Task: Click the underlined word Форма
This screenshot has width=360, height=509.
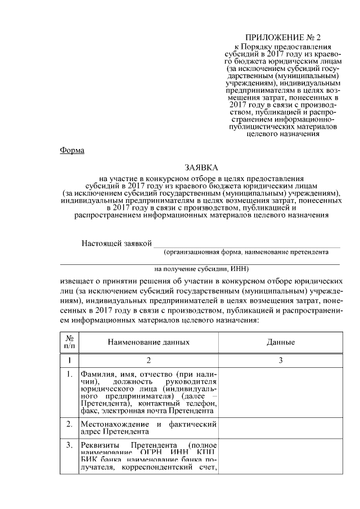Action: (71, 151)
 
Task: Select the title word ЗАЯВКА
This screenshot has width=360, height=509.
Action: (200, 168)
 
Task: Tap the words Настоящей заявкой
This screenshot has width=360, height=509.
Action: (116, 243)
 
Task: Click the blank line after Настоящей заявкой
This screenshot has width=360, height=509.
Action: (247, 245)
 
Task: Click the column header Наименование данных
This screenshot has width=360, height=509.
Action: (148, 342)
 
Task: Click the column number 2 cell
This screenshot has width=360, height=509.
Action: (148, 360)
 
